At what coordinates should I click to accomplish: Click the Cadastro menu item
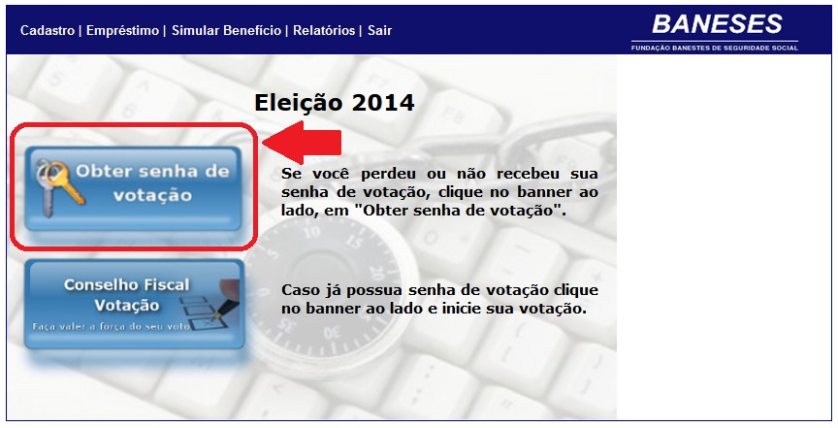[48, 30]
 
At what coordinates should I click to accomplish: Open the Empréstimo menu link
[122, 30]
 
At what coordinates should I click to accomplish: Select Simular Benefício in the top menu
[227, 30]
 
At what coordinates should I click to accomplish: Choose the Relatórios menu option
[324, 30]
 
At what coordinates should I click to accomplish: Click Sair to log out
[379, 30]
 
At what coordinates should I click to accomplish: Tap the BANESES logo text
[717, 24]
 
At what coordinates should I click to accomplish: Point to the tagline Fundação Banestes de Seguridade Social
[715, 48]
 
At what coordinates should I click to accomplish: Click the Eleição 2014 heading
[334, 102]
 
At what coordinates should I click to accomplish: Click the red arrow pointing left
[302, 143]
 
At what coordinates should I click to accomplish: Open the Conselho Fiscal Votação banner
[134, 305]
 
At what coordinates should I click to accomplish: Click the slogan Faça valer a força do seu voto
[112, 326]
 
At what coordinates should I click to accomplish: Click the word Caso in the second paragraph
[300, 290]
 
